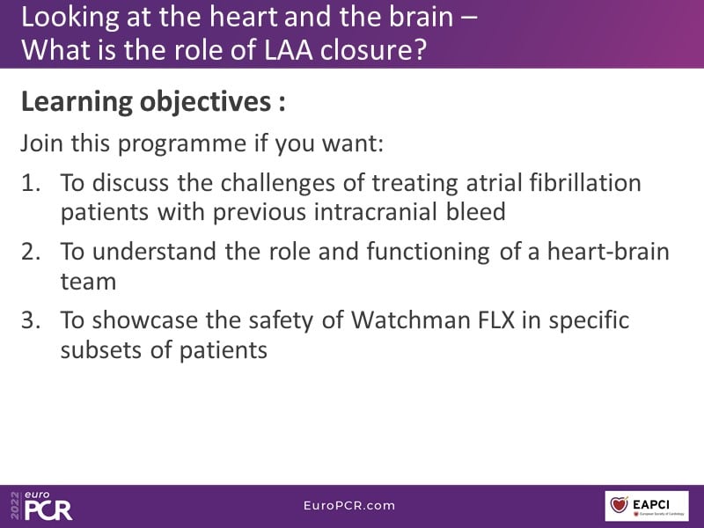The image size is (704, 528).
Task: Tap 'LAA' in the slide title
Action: (289, 50)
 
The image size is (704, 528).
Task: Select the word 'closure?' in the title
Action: (373, 50)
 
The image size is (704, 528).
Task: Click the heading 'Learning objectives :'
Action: (153, 102)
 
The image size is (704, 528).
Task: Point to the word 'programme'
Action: (182, 144)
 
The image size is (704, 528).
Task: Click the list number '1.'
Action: (31, 183)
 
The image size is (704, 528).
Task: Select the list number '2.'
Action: (31, 252)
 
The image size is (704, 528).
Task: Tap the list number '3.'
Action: (31, 320)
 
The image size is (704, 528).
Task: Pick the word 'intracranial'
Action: (375, 211)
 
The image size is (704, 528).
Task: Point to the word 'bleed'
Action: (475, 211)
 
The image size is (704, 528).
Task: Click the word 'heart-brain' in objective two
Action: (608, 251)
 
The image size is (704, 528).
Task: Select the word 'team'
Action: (89, 282)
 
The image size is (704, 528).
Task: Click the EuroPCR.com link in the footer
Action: (349, 505)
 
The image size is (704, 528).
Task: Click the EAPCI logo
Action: (647, 506)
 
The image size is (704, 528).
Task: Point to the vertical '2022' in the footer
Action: (15, 505)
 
